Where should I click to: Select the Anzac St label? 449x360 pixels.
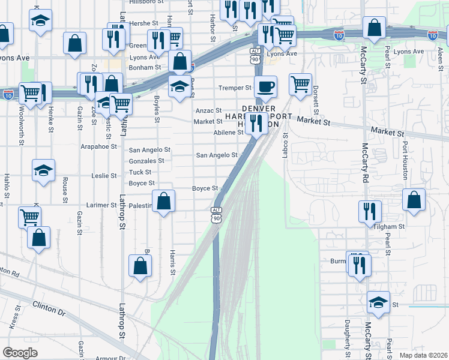click(x=209, y=111)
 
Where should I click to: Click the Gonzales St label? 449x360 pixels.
click(x=146, y=161)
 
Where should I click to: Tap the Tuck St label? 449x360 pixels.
click(x=140, y=172)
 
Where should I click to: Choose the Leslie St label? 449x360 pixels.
click(x=103, y=176)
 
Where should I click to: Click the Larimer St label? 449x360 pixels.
click(x=101, y=205)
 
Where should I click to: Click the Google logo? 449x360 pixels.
click(x=20, y=353)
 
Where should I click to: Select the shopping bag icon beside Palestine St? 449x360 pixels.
click(x=163, y=202)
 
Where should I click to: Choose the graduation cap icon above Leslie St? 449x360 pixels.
click(x=43, y=171)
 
